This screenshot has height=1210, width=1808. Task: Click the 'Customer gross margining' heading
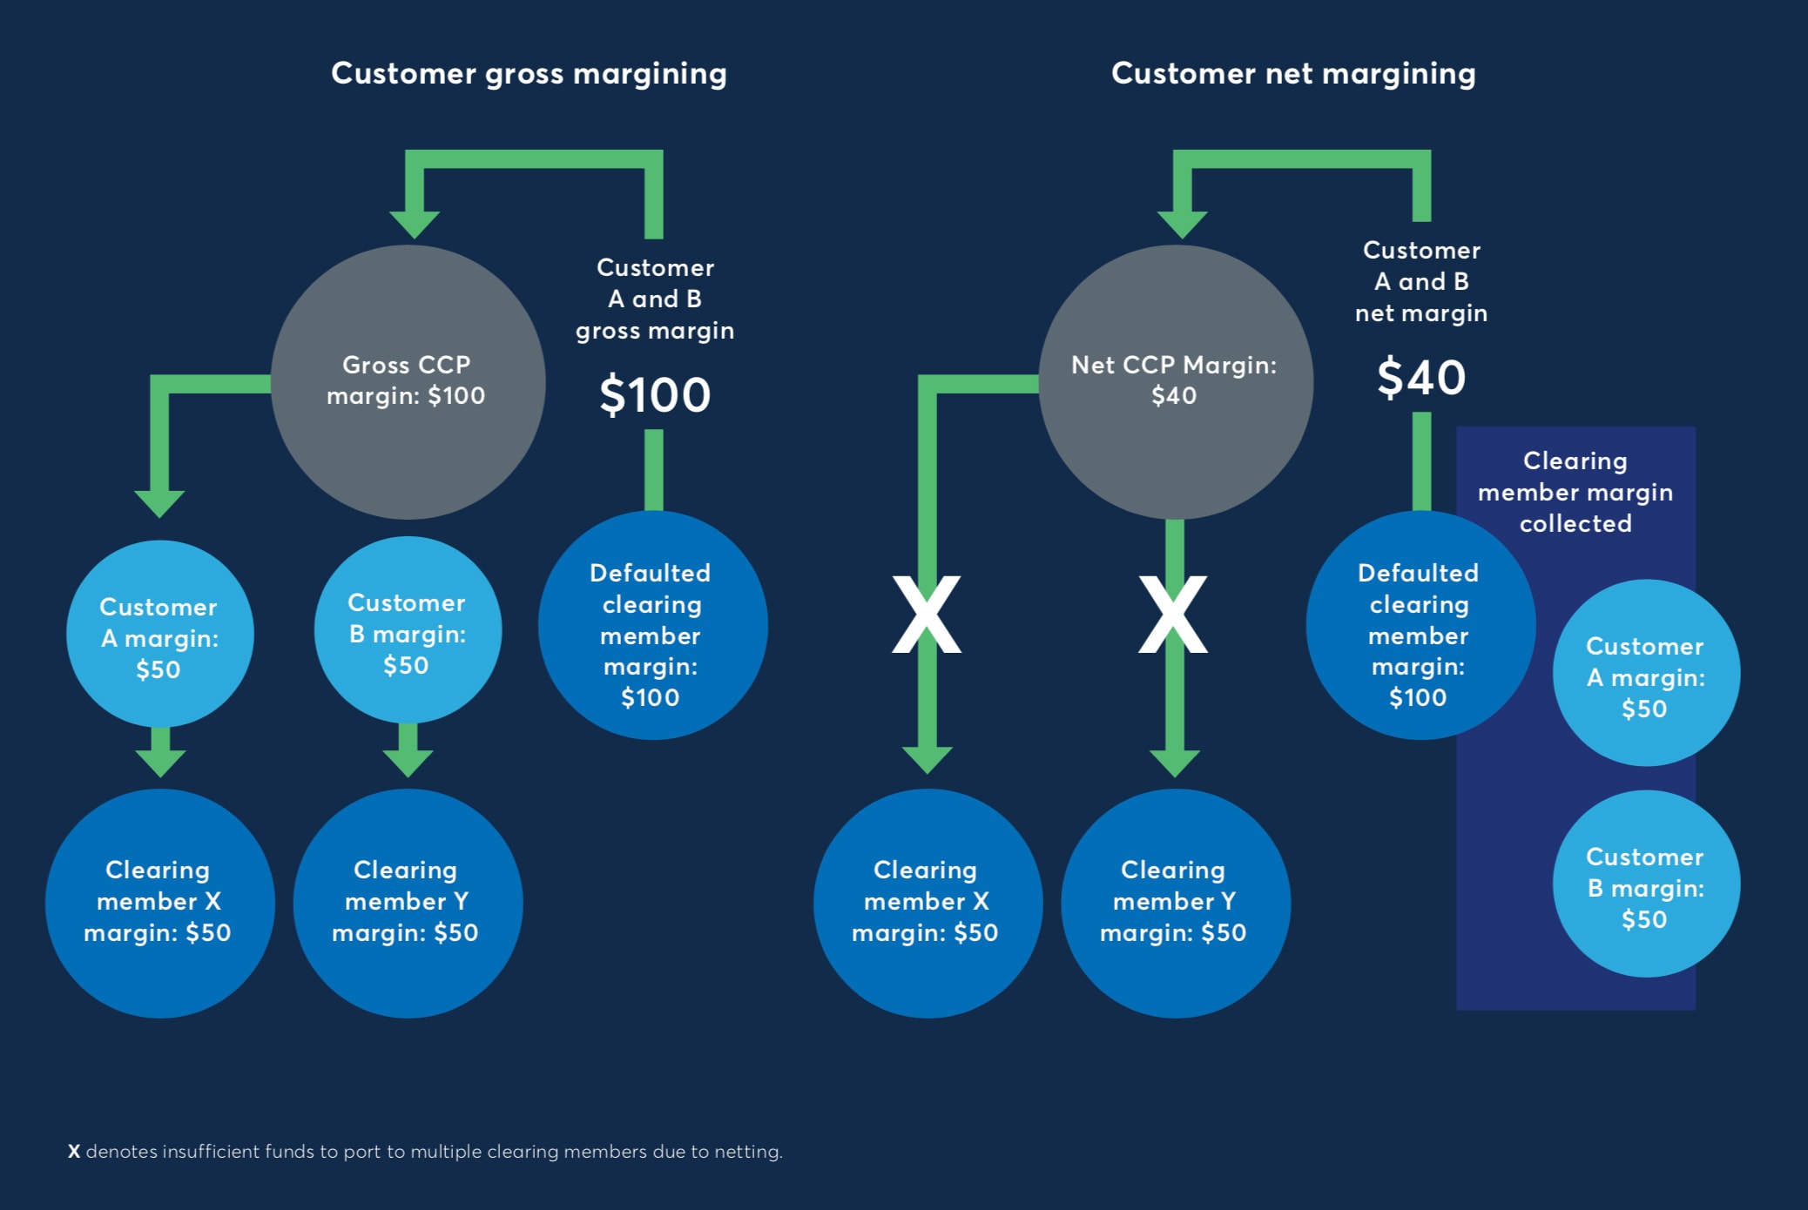[529, 74]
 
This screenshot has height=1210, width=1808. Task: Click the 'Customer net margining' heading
[1293, 74]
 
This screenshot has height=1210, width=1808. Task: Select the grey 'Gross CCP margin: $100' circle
[408, 381]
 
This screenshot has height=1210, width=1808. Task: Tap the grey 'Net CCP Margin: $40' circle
[1175, 381]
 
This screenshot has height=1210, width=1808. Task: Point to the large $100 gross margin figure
[655, 395]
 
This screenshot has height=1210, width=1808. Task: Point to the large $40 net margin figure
[1421, 378]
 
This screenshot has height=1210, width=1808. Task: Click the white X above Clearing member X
[927, 615]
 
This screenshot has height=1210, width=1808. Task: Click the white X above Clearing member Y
[1173, 615]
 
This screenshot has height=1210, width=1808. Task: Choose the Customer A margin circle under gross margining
[159, 634]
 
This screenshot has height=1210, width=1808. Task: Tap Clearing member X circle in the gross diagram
[159, 903]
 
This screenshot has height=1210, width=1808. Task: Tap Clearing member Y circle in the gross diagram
[408, 903]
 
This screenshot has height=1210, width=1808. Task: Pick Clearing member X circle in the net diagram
[928, 903]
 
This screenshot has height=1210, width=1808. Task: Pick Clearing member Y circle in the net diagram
[1175, 903]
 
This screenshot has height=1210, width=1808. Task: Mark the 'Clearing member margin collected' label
[1575, 492]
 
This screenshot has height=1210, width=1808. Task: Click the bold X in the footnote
[74, 1152]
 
